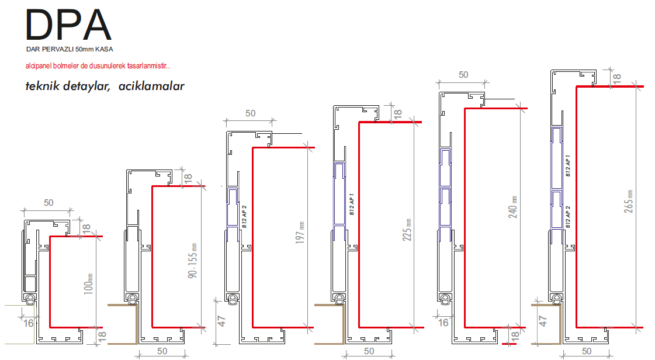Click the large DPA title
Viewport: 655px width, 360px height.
(x=68, y=25)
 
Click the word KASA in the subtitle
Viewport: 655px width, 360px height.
(x=104, y=49)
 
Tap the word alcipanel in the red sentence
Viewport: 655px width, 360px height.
(x=39, y=66)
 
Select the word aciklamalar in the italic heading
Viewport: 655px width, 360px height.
(x=151, y=86)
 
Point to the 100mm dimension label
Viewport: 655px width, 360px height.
(x=88, y=284)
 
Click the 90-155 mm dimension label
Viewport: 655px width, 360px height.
(x=192, y=261)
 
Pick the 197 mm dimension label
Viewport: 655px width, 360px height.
(x=300, y=233)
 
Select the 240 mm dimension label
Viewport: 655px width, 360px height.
(x=513, y=207)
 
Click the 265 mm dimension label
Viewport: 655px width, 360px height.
(x=629, y=201)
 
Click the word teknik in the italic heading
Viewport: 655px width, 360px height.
(x=43, y=86)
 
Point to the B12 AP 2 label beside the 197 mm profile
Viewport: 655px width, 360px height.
(x=244, y=216)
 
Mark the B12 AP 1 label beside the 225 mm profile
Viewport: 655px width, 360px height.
(x=351, y=204)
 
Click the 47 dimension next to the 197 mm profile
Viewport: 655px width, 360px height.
(x=221, y=321)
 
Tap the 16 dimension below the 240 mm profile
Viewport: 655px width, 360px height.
(x=443, y=323)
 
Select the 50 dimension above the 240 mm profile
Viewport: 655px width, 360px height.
(x=463, y=75)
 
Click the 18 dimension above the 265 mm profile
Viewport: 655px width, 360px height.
(x=616, y=78)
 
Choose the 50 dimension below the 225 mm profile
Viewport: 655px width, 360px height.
(x=369, y=351)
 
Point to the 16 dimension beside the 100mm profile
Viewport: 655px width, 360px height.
(x=29, y=323)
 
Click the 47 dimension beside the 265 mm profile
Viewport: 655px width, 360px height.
(x=543, y=321)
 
